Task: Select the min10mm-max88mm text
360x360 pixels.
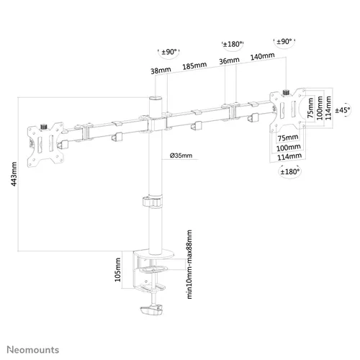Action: click(x=189, y=264)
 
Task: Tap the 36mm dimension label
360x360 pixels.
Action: click(x=226, y=62)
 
